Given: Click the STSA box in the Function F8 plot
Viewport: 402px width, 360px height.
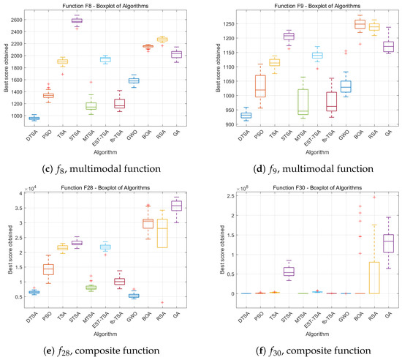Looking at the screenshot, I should [76, 20].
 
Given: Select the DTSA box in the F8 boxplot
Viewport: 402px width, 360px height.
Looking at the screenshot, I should [34, 118].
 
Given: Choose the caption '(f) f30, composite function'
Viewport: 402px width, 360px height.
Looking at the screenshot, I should [302, 350].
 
